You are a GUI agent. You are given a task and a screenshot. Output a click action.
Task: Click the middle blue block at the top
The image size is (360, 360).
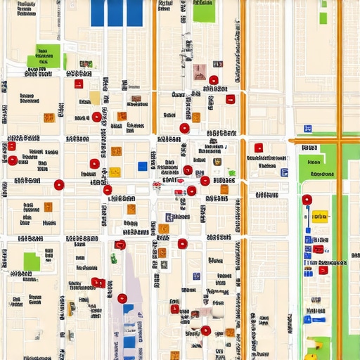(116, 12)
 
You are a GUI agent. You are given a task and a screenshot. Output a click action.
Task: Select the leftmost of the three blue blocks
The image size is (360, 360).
(98, 12)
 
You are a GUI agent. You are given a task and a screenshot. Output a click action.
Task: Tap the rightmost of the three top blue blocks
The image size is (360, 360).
(134, 12)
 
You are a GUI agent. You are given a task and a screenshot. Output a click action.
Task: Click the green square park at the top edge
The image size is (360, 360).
(204, 12)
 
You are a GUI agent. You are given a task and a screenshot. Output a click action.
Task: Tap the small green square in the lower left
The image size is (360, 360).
(32, 262)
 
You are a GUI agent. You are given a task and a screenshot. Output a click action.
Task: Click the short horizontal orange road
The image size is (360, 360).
(324, 141)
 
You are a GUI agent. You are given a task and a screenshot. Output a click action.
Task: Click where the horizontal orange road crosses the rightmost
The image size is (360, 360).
(340, 141)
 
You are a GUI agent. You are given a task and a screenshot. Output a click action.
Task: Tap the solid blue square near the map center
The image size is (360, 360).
(143, 166)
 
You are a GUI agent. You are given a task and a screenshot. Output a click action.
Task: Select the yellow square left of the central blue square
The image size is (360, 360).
(115, 172)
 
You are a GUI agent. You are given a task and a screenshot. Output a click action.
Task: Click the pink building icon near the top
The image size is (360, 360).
(199, 70)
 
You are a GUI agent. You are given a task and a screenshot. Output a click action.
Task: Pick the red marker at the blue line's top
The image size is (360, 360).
(307, 200)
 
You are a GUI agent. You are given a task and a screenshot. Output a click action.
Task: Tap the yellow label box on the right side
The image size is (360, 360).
(320, 217)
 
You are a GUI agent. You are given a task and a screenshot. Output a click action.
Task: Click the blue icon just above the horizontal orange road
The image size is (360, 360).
(307, 129)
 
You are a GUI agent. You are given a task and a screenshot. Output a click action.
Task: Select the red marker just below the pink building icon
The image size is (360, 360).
(214, 80)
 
